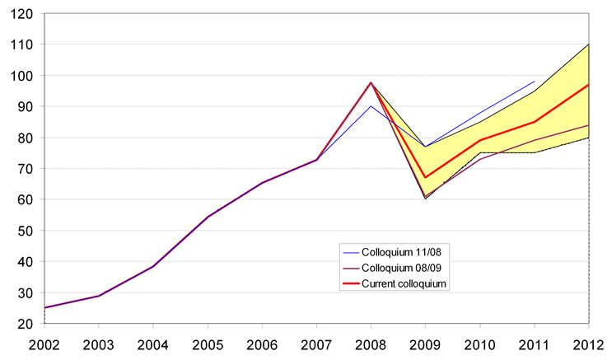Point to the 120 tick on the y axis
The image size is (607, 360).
[22, 14]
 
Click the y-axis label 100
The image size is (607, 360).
[22, 76]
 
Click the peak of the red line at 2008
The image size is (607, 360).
[371, 82]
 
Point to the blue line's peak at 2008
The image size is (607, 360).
[371, 106]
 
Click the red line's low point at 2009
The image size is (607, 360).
[426, 177]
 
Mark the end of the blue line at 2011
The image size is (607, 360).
[535, 82]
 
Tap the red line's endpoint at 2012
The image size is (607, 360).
[589, 84]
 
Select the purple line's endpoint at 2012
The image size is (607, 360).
[589, 124]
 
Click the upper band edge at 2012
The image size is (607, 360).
[589, 44]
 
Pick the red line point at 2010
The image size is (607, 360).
[480, 140]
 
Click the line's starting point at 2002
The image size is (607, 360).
[44, 308]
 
